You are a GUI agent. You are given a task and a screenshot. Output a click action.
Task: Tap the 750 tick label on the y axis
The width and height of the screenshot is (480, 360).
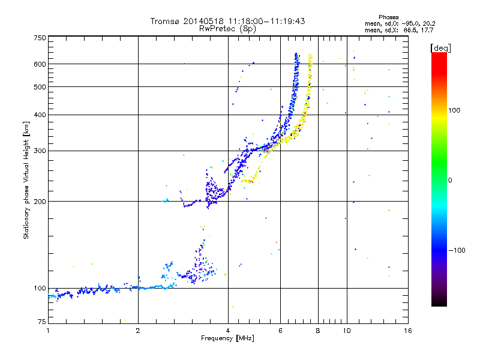click(x=40, y=38)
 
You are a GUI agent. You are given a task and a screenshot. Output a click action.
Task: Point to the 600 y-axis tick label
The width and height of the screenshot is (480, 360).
click(x=40, y=64)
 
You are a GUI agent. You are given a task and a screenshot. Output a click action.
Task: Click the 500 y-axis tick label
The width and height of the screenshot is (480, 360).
click(x=40, y=87)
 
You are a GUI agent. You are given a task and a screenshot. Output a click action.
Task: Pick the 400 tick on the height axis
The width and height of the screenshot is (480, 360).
click(x=40, y=115)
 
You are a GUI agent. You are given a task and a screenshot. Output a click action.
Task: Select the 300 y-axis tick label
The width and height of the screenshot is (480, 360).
click(x=40, y=151)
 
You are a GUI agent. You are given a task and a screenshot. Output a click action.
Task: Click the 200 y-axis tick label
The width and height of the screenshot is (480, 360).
click(x=40, y=202)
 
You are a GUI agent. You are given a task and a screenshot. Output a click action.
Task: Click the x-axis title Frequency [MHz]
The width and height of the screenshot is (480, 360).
click(x=227, y=338)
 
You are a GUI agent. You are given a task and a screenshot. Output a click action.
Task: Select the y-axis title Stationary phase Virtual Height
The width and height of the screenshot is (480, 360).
click(x=26, y=180)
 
